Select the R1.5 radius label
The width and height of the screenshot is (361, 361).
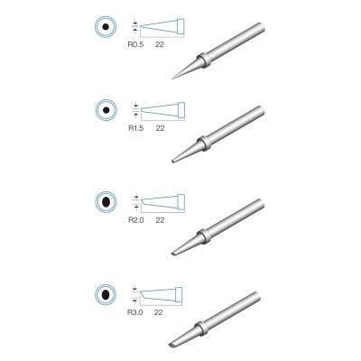tap(138, 128)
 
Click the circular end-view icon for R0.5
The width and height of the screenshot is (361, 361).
tap(106, 28)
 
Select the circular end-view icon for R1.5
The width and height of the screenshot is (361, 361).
tap(106, 112)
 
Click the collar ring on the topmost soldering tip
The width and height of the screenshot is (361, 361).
tap(207, 61)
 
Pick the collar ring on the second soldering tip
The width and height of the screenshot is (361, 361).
tap(207, 143)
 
